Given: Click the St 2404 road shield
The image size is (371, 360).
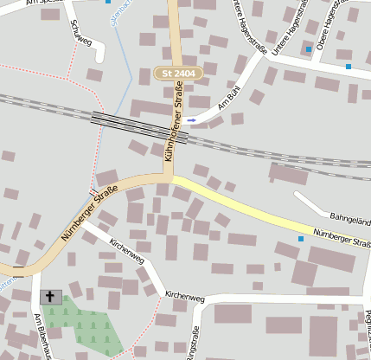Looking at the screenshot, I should pyautogui.click(x=178, y=74).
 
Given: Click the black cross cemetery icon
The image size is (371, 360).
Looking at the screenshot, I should pyautogui.click(x=50, y=297).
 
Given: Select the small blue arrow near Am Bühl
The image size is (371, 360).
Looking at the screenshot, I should pyautogui.click(x=192, y=119).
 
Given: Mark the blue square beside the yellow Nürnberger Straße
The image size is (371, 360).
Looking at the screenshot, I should pyautogui.click(x=301, y=239).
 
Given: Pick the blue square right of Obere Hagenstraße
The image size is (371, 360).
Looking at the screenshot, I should pyautogui.click(x=348, y=66).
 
